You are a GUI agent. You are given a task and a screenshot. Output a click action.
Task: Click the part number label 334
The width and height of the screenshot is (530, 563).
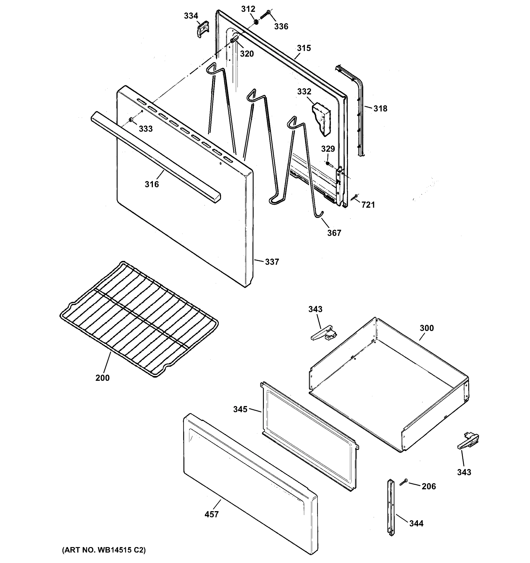(191, 16)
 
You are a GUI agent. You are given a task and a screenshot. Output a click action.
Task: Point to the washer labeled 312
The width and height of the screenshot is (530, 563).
(256, 22)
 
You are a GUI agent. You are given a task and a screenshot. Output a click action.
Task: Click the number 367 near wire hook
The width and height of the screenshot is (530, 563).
(334, 233)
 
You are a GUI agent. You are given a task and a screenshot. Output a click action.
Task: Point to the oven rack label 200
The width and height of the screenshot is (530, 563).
(102, 378)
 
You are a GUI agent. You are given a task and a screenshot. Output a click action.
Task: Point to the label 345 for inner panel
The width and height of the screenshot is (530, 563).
(240, 409)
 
